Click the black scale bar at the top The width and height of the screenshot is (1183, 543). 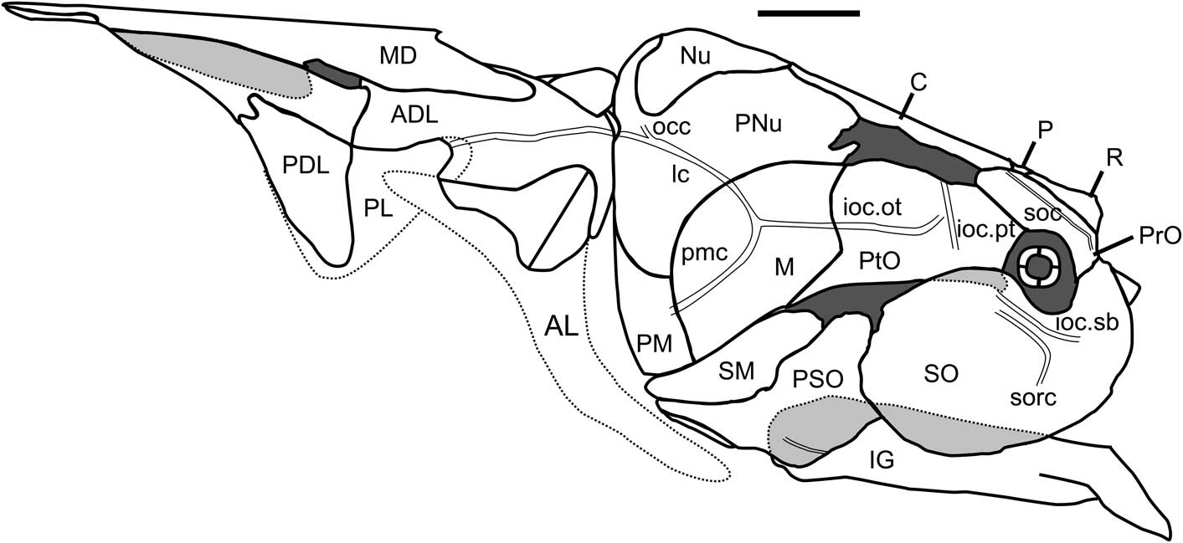pos(808,13)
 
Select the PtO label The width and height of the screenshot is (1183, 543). pos(879,261)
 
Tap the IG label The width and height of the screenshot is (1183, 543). pos(882,458)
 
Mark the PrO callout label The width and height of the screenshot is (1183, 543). pos(1160,237)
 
